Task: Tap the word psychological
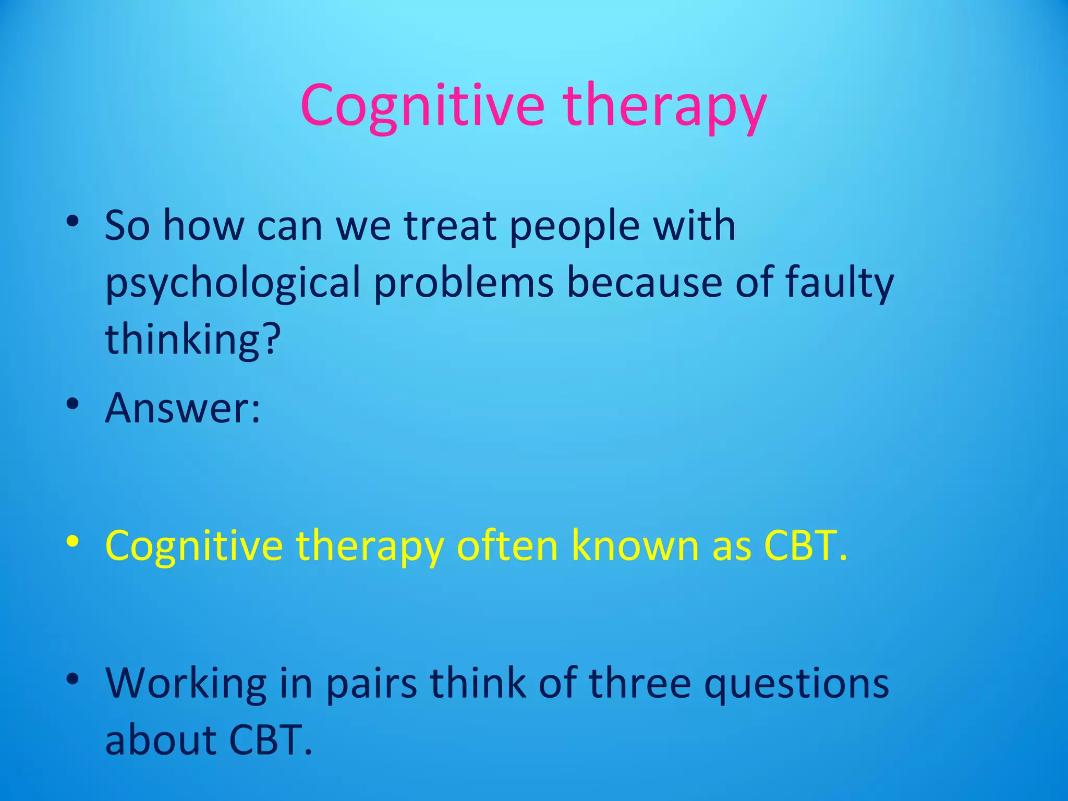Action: click(x=233, y=283)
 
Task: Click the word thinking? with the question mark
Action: click(x=193, y=339)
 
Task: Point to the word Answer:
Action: click(x=183, y=408)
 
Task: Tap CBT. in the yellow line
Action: click(x=805, y=546)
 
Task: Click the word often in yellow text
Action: click(x=507, y=546)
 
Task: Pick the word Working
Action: click(x=186, y=684)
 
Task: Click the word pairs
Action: click(x=371, y=684)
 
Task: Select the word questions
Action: click(x=796, y=684)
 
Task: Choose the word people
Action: click(x=574, y=227)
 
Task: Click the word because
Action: click(x=645, y=283)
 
